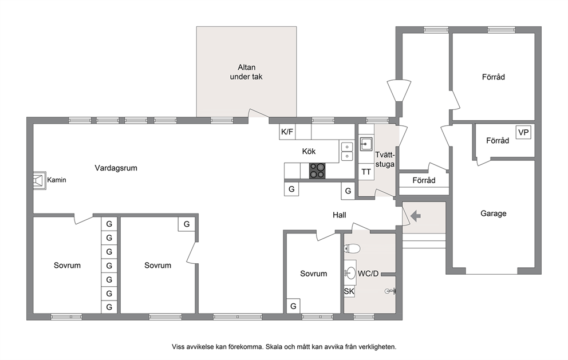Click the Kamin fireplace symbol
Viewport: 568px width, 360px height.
pyautogui.click(x=40, y=180)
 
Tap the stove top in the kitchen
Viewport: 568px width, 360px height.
pyautogui.click(x=317, y=171)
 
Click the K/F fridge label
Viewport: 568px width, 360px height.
pyautogui.click(x=287, y=132)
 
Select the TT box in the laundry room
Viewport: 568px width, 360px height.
pyautogui.click(x=366, y=172)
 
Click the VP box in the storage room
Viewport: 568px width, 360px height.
pyautogui.click(x=523, y=132)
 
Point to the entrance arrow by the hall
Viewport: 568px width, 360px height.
pyautogui.click(x=416, y=216)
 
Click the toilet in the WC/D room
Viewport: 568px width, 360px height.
pyautogui.click(x=352, y=249)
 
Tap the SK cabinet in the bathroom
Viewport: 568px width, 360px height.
pyautogui.click(x=349, y=291)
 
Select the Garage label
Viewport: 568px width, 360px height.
pyautogui.click(x=494, y=213)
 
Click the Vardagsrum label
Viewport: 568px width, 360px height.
pyautogui.click(x=116, y=168)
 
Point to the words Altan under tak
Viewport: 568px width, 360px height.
pyautogui.click(x=246, y=72)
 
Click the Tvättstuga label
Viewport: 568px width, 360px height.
pyautogui.click(x=385, y=159)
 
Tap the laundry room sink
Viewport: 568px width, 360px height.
pyautogui.click(x=366, y=144)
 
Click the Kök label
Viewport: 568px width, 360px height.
pyautogui.click(x=309, y=152)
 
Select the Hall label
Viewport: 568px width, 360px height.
pyautogui.click(x=340, y=215)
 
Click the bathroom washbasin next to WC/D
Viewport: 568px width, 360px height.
pyautogui.click(x=350, y=272)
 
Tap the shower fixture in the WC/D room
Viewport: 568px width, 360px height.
pyautogui.click(x=391, y=291)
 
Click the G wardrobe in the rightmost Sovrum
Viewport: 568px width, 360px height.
pyautogui.click(x=293, y=306)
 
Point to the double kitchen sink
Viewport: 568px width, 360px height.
pyautogui.click(x=347, y=152)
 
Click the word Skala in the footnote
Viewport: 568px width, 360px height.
pyautogui.click(x=274, y=347)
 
